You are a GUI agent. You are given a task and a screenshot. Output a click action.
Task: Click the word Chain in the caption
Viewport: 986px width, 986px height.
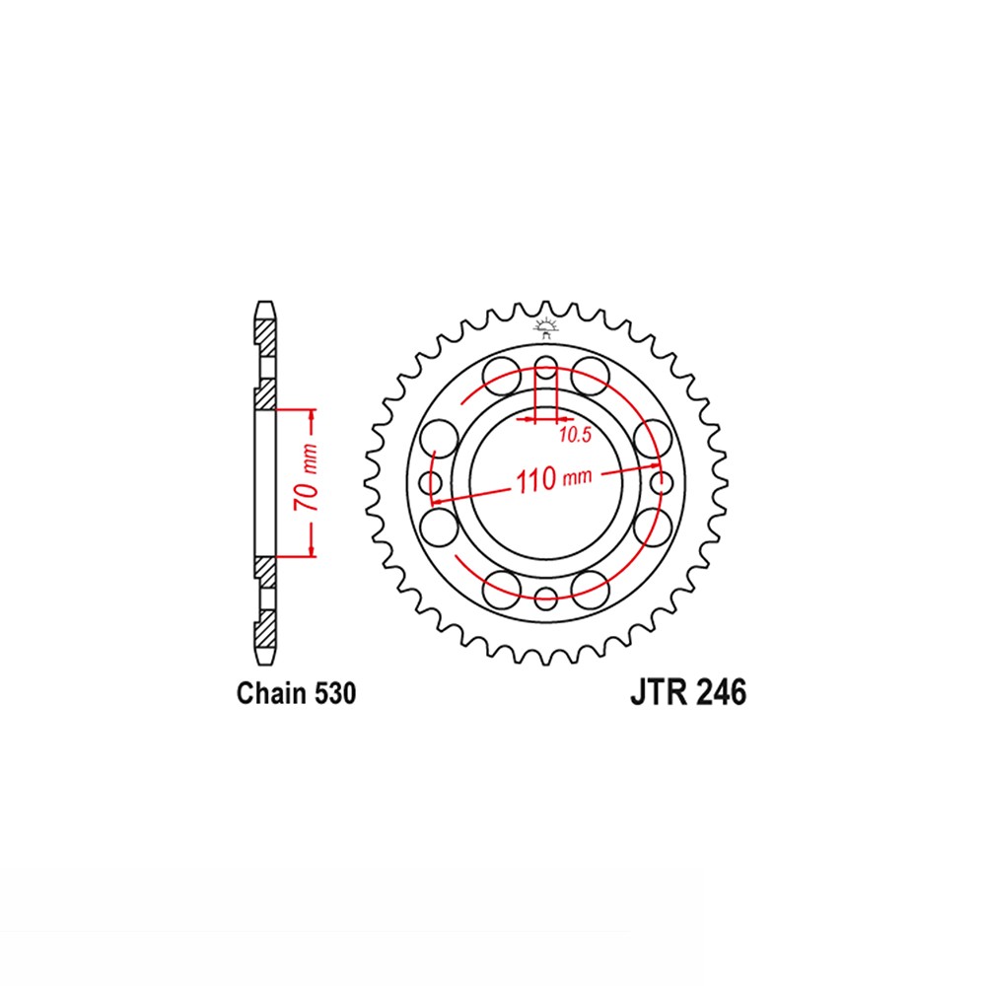(x=271, y=693)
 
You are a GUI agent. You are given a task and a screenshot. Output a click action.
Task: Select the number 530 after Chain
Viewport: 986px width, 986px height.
(x=334, y=693)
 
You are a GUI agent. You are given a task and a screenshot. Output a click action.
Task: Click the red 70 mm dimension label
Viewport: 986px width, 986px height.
(x=307, y=478)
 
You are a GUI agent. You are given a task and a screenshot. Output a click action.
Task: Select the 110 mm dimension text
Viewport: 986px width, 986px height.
(x=553, y=479)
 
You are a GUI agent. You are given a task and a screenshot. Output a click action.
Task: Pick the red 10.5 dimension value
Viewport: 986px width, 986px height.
(x=575, y=435)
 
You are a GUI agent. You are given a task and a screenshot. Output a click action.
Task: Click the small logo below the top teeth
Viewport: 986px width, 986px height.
(x=545, y=327)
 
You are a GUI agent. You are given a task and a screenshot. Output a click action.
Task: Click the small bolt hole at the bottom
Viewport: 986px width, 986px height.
(x=545, y=599)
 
